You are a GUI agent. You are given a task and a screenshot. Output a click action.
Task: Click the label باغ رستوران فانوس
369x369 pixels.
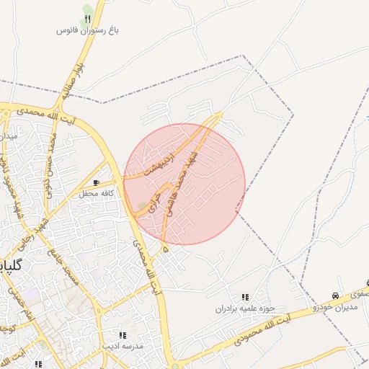88,31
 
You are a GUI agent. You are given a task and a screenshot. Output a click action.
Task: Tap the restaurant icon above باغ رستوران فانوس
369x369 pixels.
88,18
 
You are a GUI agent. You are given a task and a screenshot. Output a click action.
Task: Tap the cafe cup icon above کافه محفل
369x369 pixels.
97,183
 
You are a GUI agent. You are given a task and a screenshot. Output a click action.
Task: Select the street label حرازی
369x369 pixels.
155,200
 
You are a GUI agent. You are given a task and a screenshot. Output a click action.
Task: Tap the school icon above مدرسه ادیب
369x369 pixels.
123,335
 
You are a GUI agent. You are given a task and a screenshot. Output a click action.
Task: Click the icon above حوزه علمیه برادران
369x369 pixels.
245,297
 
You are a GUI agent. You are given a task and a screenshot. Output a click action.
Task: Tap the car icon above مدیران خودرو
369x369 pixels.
335,296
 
